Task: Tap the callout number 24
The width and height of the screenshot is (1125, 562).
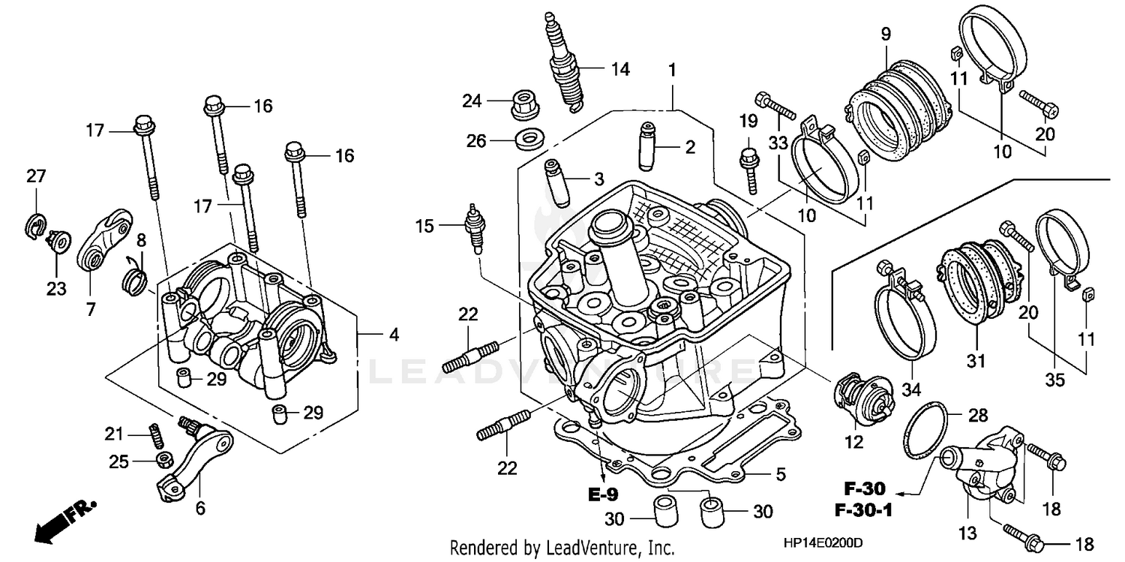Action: pos(470,100)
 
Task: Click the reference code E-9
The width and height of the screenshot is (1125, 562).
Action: pos(602,496)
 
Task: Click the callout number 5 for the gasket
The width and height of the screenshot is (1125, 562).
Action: pos(780,474)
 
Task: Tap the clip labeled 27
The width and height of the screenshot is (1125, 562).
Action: pos(37,226)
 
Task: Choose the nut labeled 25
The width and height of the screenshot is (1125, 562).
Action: pos(161,459)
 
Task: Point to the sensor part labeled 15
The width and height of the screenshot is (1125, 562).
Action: pos(473,227)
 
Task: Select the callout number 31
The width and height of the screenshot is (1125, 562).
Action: pos(974,362)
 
